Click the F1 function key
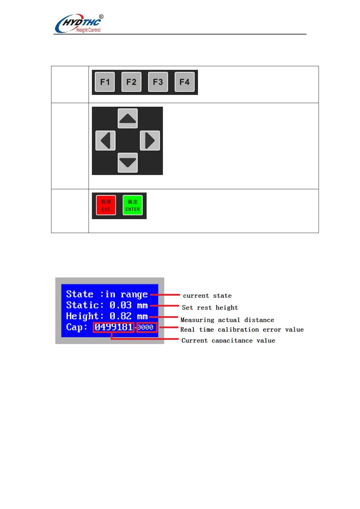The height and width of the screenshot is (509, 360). tap(105, 82)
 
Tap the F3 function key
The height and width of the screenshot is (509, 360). tap(158, 82)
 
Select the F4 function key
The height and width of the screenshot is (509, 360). tap(184, 82)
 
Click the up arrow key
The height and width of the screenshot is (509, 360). tap(128, 118)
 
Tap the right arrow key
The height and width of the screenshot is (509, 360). tap(150, 141)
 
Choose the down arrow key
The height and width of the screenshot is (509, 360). tap(128, 163)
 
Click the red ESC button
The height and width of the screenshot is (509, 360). tap(106, 205)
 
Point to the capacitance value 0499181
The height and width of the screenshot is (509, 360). tap(114, 327)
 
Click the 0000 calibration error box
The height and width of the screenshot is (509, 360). tap(147, 327)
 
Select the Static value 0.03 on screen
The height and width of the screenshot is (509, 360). tap(120, 305)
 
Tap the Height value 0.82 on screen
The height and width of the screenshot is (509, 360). tap(120, 316)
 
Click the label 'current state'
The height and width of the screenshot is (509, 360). tap(207, 296)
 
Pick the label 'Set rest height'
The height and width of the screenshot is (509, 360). tap(210, 308)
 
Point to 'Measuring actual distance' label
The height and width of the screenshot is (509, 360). tap(227, 320)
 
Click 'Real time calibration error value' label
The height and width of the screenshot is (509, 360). tap(242, 329)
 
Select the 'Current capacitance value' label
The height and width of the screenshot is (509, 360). tap(228, 340)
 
